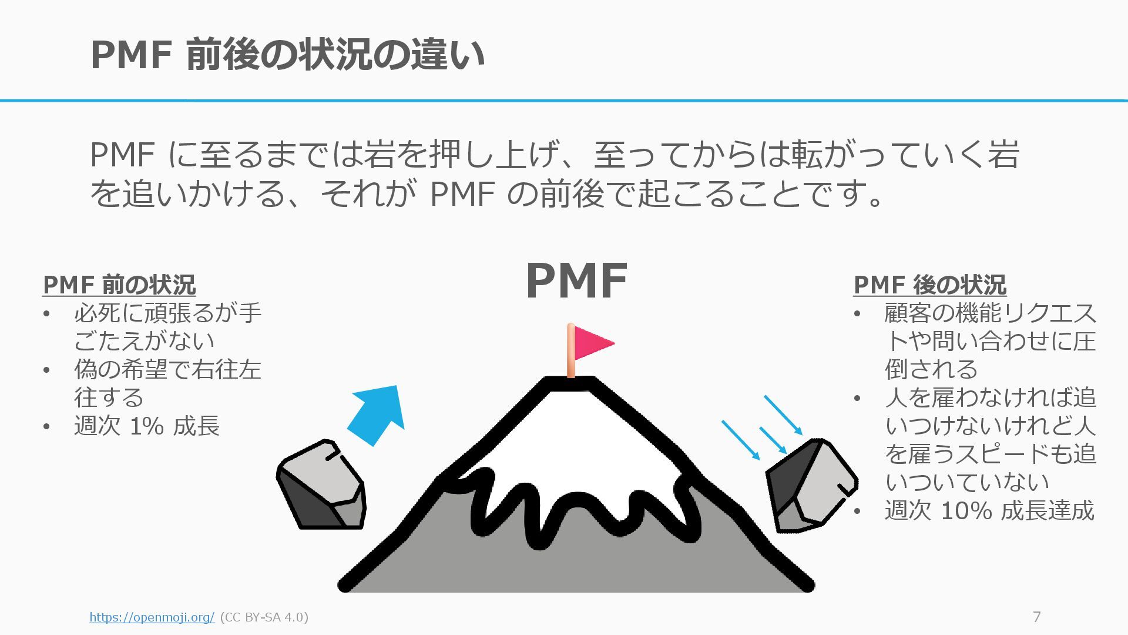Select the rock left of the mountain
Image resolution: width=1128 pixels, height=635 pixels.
[321, 486]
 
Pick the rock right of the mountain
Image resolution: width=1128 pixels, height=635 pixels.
[810, 486]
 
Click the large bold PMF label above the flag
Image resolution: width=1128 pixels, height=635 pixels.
[576, 281]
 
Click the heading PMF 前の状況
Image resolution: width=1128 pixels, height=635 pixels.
[119, 285]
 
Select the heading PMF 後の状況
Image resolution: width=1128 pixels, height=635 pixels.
[929, 285]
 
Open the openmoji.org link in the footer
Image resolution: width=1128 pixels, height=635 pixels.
[152, 617]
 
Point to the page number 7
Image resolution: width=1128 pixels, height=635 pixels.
[1037, 617]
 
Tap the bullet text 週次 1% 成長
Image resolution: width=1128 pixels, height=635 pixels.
[147, 426]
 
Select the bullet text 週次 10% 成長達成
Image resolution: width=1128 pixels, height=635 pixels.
[989, 510]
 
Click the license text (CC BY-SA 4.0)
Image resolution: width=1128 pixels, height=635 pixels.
[264, 617]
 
